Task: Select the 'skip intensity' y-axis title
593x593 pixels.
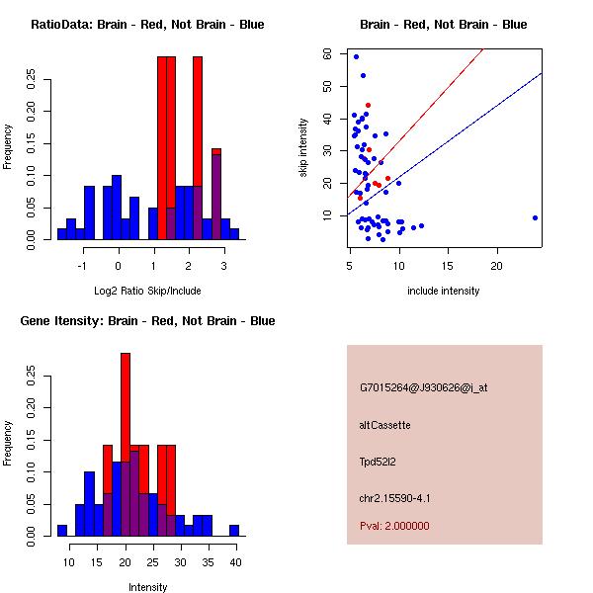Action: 303,147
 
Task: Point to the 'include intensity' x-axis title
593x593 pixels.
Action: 444,290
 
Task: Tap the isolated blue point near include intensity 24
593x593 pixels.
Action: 535,217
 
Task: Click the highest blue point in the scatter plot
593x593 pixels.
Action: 356,56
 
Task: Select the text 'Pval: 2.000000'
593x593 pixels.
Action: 394,526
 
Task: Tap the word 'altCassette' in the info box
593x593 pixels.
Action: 384,425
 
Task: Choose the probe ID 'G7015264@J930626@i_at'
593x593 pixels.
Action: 423,387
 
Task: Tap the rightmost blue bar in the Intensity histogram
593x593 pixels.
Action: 235,531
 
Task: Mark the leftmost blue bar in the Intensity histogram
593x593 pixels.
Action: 62,531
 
